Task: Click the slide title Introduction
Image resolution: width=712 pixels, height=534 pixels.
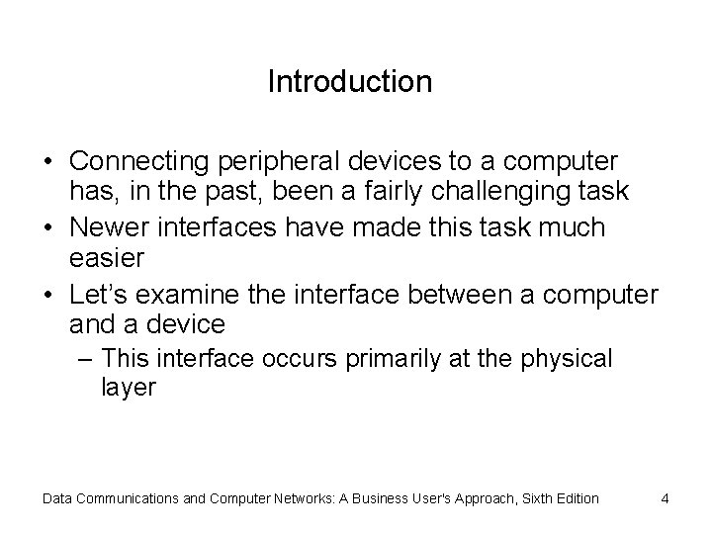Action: pyautogui.click(x=349, y=81)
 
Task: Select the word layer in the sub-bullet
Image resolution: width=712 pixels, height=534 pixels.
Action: pyautogui.click(x=129, y=387)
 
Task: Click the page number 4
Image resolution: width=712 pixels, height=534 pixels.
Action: pyautogui.click(x=666, y=498)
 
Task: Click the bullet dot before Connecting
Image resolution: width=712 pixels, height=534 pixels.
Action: pyautogui.click(x=49, y=160)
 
